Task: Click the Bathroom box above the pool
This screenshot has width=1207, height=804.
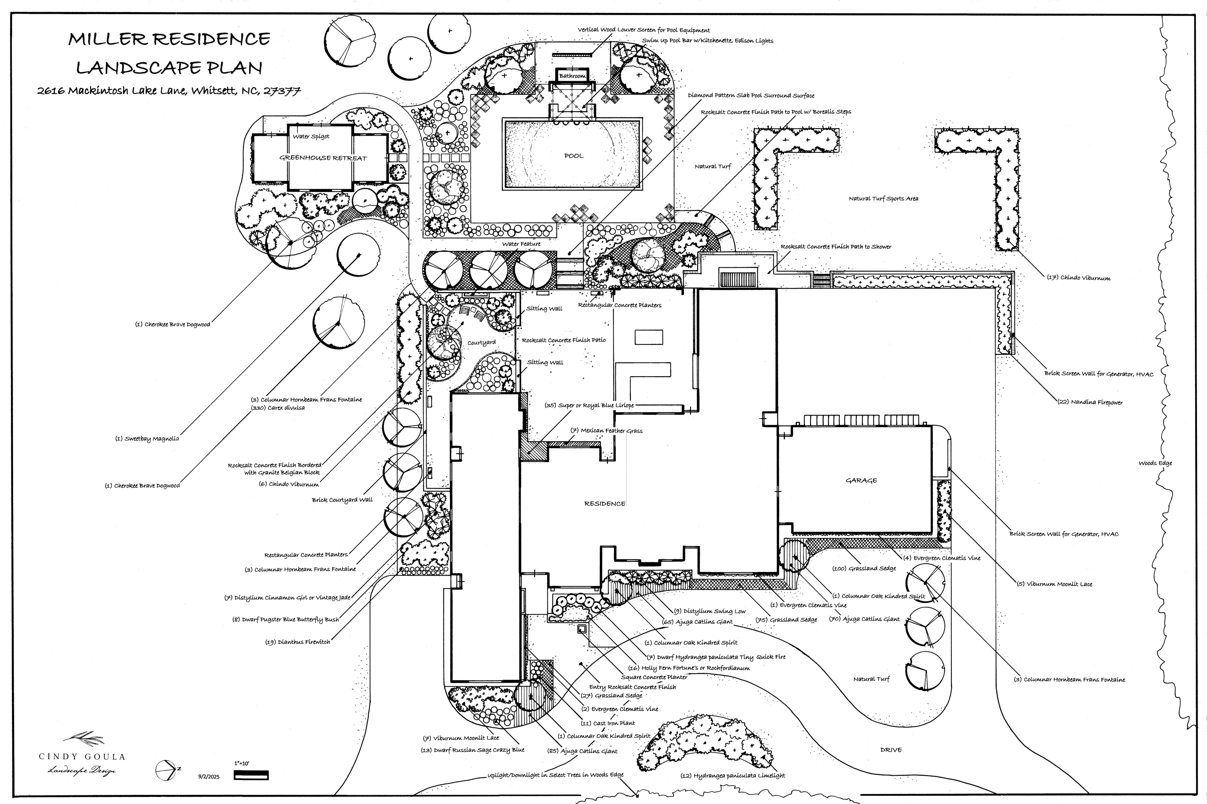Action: [x=572, y=76]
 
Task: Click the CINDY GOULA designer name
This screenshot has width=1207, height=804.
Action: [x=82, y=756]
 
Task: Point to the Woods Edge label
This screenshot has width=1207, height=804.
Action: [x=1155, y=463]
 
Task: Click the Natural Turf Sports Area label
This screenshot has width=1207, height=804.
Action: [x=883, y=199]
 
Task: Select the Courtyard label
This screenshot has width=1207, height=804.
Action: [x=482, y=343]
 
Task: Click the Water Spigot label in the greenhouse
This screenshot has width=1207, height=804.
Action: [x=311, y=136]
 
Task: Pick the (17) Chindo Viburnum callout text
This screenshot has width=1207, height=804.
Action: [x=1078, y=278]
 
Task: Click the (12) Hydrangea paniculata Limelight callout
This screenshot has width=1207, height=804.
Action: [x=733, y=775]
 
